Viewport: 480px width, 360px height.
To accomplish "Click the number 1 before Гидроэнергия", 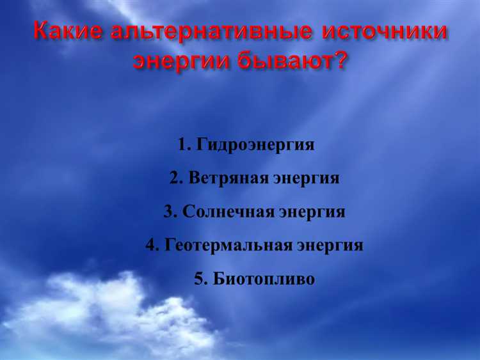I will pos(183,145).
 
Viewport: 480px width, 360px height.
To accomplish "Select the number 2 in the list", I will pos(174,178).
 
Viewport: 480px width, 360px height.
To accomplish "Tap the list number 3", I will pos(168,212).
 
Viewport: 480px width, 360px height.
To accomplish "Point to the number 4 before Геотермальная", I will pos(151,246).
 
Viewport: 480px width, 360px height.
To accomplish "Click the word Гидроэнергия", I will pos(256,145).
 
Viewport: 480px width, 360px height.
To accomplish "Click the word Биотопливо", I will pos(264,279).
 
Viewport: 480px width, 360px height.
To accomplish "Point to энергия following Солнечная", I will pos(312,212).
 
